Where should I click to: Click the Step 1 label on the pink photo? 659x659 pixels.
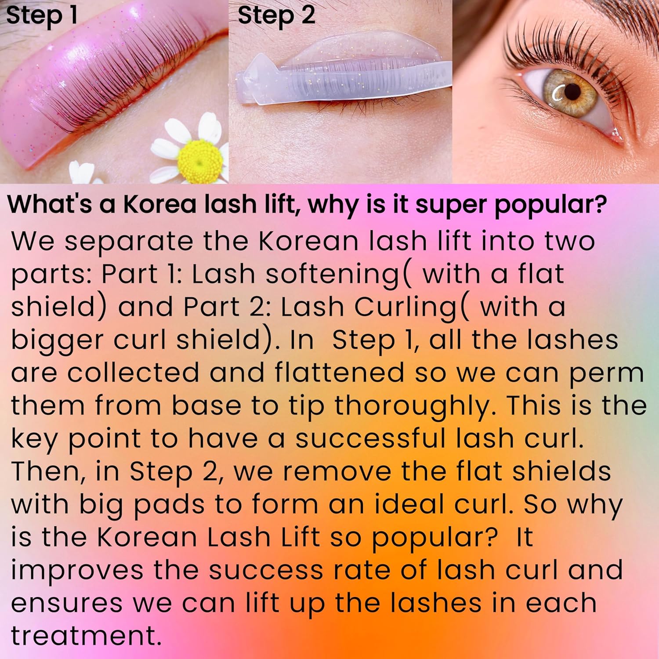coord(42,16)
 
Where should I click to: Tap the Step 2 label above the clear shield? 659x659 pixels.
coord(276,16)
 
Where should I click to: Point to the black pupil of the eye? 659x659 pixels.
coord(572,91)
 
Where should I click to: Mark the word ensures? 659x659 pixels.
coord(66,603)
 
